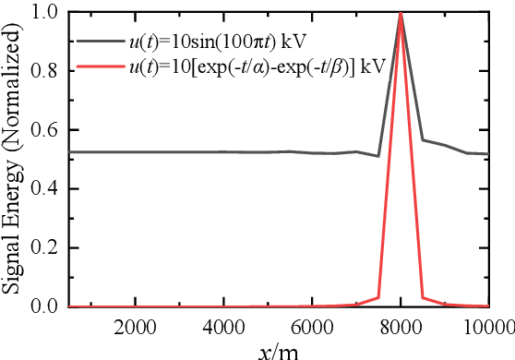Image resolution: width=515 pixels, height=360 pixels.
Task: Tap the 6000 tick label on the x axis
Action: (x=312, y=325)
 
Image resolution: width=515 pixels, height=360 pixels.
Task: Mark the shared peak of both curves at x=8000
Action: (x=401, y=13)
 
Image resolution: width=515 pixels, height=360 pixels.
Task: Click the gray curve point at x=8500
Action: (x=423, y=140)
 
